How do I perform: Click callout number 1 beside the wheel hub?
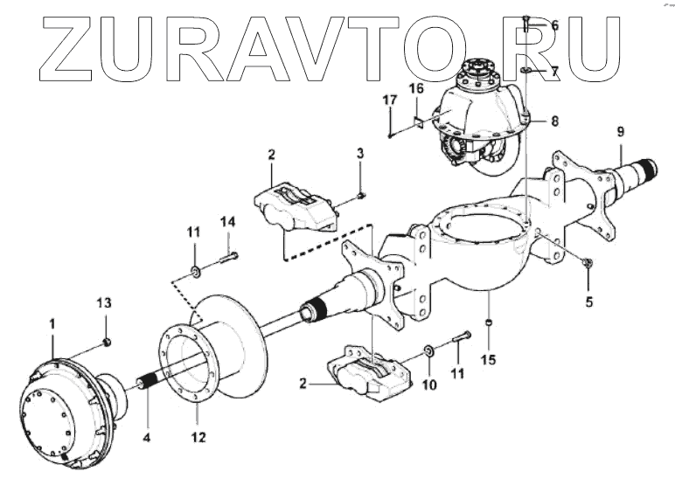(x=52, y=323)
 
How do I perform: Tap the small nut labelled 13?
(x=105, y=341)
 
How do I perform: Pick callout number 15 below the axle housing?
(x=489, y=359)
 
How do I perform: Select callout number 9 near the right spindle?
(x=620, y=132)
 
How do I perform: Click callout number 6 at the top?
(x=553, y=24)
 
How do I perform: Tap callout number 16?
(x=416, y=89)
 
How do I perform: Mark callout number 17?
(x=388, y=101)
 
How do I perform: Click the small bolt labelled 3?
(x=363, y=195)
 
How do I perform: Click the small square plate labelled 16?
(x=419, y=122)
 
